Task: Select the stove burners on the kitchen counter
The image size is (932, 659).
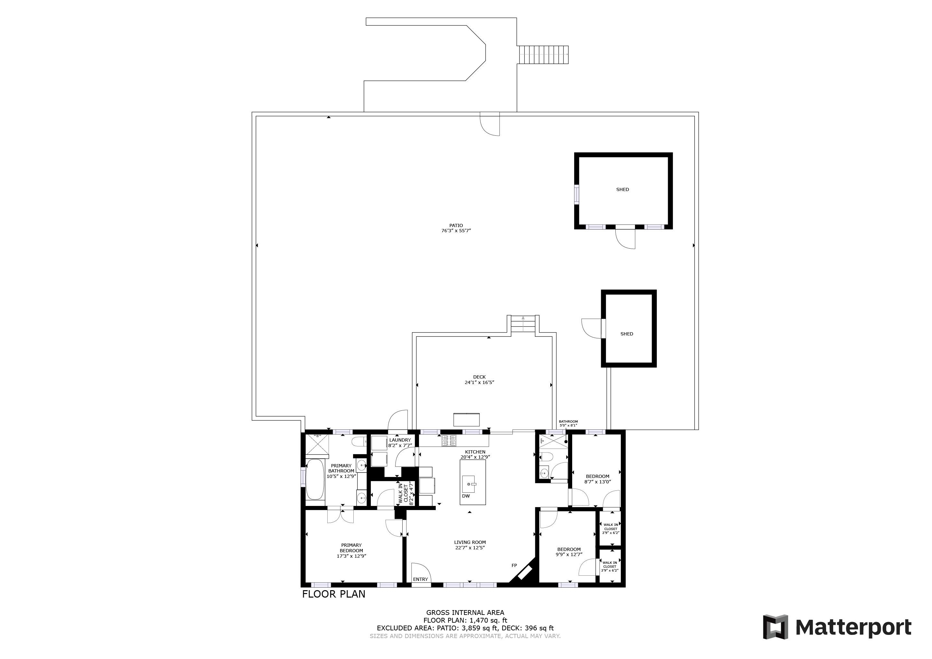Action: pos(449,440)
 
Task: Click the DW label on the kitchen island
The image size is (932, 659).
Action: pos(466,496)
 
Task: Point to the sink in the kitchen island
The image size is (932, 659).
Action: pos(469,484)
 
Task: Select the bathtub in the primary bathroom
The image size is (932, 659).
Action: pos(315,479)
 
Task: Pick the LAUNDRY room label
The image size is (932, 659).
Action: pos(400,440)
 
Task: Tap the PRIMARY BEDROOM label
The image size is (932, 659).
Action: pos(351,548)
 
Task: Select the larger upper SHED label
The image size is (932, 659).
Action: pos(622,189)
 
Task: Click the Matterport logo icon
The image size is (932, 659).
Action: pos(775,627)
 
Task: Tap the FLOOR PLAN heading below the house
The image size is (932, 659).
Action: pos(333,594)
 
